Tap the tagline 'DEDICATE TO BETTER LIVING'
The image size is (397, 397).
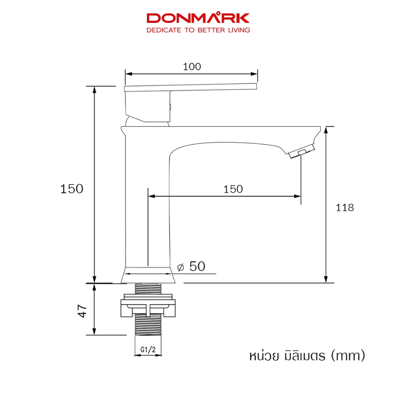198,30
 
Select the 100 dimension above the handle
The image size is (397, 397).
192,67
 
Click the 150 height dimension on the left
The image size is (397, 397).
72,189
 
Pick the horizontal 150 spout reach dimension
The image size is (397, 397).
233,189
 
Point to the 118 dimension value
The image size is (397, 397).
345,208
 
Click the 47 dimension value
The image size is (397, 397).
82,311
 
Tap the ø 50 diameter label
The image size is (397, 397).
191,266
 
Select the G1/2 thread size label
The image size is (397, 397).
148,350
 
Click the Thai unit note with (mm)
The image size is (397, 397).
307,356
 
